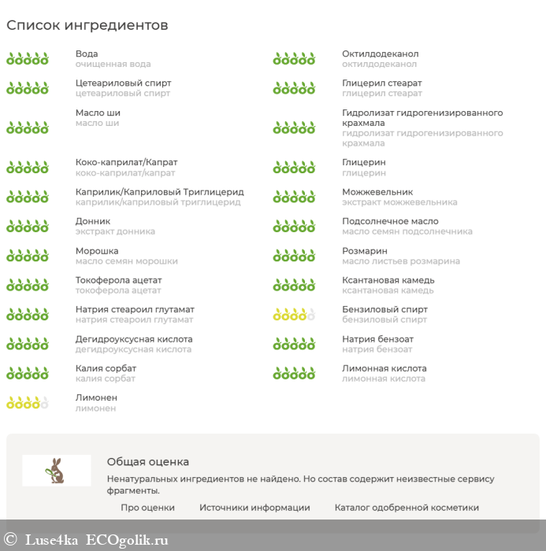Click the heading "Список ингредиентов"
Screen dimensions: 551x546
(x=87, y=25)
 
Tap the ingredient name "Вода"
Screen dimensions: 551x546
(x=87, y=54)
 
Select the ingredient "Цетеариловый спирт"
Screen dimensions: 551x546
(x=123, y=83)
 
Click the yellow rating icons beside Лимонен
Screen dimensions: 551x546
(x=28, y=403)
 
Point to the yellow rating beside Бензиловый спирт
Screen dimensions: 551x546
(x=294, y=315)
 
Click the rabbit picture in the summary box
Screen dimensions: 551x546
(x=57, y=470)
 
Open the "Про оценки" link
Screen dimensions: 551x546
(x=147, y=508)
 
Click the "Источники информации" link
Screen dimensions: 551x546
(x=254, y=508)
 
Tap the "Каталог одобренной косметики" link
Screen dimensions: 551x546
(x=407, y=508)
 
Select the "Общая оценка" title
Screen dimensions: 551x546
(x=148, y=462)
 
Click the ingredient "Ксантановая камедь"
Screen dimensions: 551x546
(x=388, y=279)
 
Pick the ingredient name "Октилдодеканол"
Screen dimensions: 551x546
(x=380, y=54)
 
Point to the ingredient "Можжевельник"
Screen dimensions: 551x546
(x=377, y=191)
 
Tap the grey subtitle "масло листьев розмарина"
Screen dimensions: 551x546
(x=400, y=261)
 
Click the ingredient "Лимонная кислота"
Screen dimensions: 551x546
(x=384, y=368)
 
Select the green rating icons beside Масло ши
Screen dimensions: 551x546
(x=28, y=127)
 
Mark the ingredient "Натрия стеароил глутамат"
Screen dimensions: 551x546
(x=135, y=309)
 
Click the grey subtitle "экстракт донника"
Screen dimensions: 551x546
(x=115, y=231)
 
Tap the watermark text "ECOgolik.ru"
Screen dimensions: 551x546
(x=127, y=539)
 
